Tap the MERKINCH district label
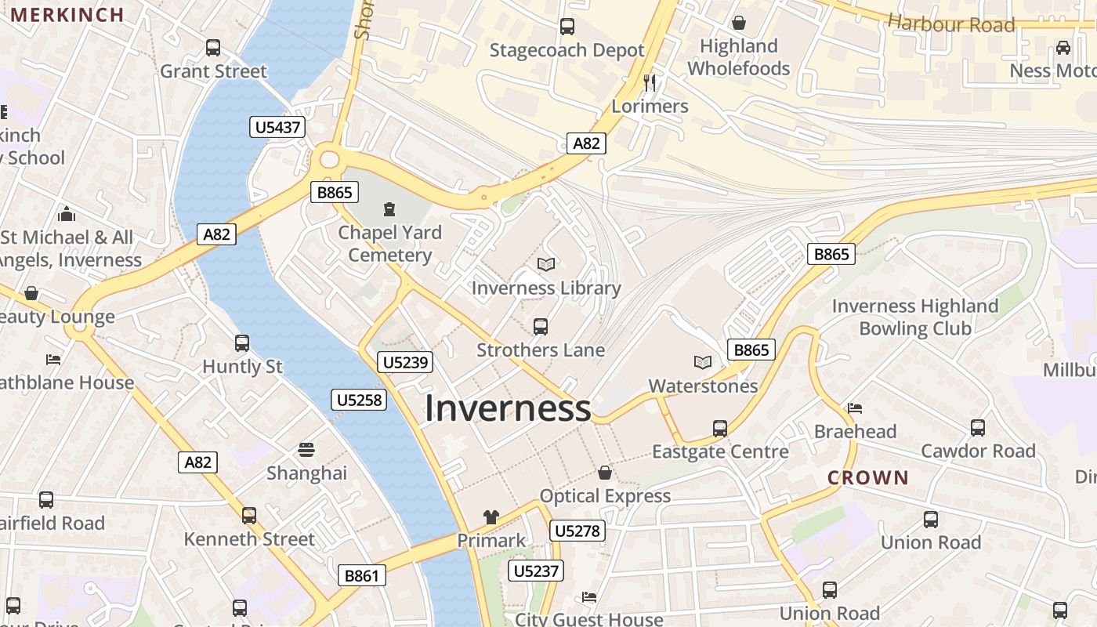67,14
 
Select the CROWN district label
868,477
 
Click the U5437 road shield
277,127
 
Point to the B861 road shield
362,576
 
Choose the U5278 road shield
577,531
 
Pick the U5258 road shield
359,400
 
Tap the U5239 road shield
404,361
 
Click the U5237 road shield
536,571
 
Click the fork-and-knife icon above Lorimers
649,83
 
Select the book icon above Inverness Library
545,265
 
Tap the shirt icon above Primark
491,517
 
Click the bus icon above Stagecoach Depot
567,27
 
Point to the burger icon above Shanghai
306,450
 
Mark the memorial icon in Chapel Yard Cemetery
389,209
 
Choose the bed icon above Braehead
855,408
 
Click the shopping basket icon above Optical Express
605,473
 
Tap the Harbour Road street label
951,24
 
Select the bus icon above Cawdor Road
978,428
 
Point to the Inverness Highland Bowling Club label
915,317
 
